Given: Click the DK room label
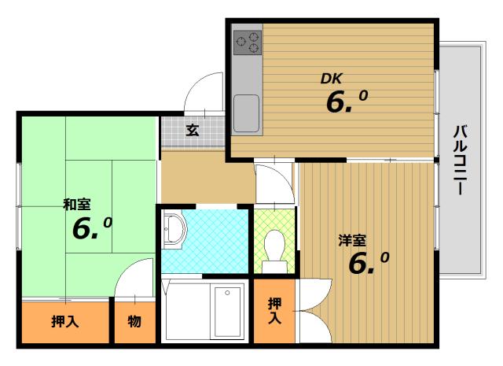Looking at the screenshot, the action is [x=332, y=79].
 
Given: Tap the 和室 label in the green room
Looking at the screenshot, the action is [x=77, y=205].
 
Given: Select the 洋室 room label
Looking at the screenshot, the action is [x=352, y=240].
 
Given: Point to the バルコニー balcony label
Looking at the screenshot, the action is [x=461, y=160].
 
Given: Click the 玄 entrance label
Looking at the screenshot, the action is [x=193, y=130].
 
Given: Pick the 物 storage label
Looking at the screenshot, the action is [x=134, y=321].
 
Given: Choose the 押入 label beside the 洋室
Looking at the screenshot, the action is [x=274, y=310].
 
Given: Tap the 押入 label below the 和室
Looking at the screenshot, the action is [x=65, y=321].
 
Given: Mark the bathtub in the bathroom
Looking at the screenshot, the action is [x=227, y=312].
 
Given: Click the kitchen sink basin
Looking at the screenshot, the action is [x=246, y=113].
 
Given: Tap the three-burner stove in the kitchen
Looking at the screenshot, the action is [x=248, y=43].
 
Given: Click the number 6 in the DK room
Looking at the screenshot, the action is [x=336, y=102].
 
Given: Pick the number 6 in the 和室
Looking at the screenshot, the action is [x=83, y=229].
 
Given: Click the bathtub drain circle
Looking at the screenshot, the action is [x=227, y=293].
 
